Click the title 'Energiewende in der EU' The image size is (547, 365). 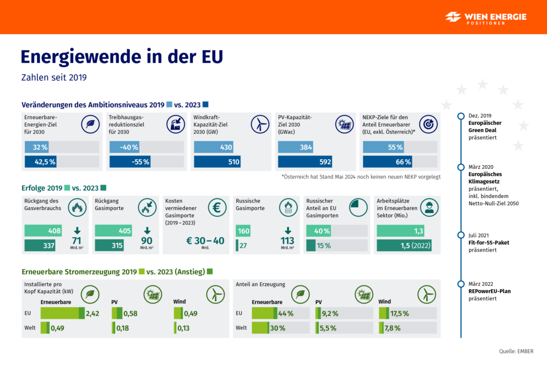coord(121,57)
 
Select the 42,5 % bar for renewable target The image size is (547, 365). coord(41,161)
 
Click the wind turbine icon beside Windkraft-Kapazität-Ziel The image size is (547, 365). coord(260,125)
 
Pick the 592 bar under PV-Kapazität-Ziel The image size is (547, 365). coord(305,161)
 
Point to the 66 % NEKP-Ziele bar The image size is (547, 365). coord(391,161)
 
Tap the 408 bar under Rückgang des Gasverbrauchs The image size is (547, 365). coord(45,231)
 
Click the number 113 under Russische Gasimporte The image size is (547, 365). coord(288,240)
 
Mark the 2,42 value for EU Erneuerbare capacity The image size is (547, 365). coord(92,313)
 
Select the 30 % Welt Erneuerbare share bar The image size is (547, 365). coord(269,328)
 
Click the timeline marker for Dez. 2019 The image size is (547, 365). coord(461,115)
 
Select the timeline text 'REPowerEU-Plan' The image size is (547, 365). coord(491,291)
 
